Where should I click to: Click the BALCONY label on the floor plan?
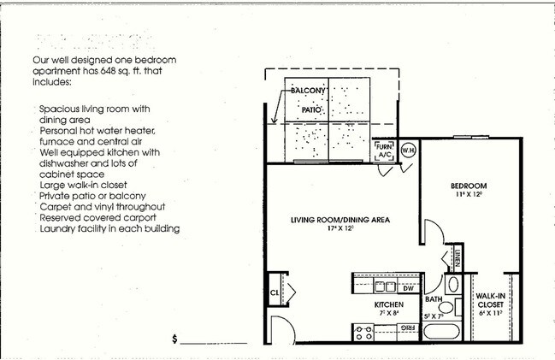tap(306, 91)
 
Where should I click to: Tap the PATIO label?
tap(310, 110)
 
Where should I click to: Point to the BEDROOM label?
tap(469, 186)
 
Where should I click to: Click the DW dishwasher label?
tap(409, 288)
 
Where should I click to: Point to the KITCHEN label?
tap(387, 305)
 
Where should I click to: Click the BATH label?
tap(434, 299)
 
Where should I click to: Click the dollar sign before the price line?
tap(174, 339)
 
